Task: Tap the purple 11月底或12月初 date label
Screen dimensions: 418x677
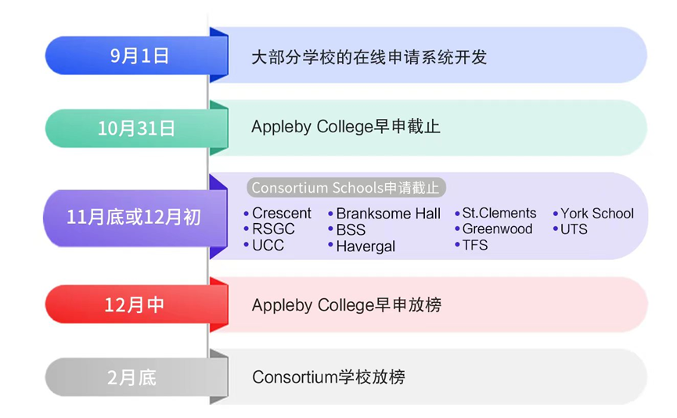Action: click(133, 217)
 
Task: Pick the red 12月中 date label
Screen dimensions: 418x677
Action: click(135, 304)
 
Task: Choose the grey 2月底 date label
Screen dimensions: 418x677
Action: click(132, 377)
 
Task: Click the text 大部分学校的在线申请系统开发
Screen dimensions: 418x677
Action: click(369, 57)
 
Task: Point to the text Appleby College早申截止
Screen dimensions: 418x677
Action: click(346, 127)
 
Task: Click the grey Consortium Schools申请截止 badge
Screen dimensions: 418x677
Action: click(346, 188)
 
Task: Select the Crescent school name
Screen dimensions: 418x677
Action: click(281, 214)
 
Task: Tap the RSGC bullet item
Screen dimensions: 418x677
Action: click(273, 229)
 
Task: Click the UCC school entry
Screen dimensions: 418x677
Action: click(268, 246)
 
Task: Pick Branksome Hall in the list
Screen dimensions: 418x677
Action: click(388, 214)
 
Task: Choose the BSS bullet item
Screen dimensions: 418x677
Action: click(351, 230)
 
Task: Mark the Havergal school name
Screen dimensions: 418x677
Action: click(366, 247)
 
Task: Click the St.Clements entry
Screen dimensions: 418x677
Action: click(499, 213)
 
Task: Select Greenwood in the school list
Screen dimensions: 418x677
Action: click(497, 229)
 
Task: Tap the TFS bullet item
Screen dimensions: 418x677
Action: click(475, 245)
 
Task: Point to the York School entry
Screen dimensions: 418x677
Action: click(596, 214)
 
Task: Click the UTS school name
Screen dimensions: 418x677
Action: click(574, 229)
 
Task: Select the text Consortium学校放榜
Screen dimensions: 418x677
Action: click(329, 377)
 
